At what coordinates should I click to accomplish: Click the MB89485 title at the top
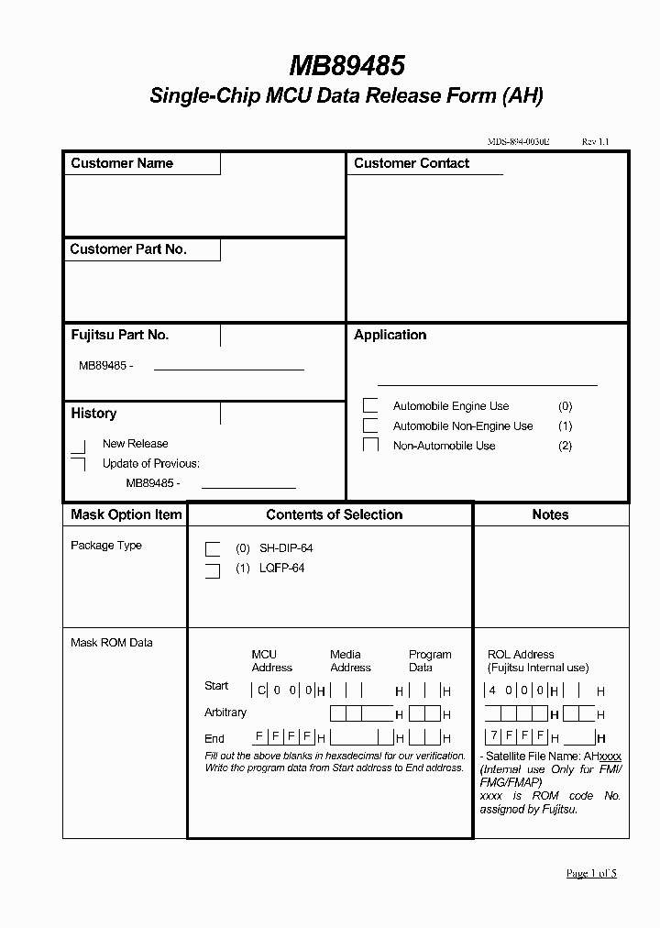point(347,66)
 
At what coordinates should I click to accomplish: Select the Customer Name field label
point(122,163)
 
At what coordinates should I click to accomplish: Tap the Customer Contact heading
point(412,163)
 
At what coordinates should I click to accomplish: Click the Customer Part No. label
point(128,249)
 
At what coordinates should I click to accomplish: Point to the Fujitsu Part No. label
point(120,335)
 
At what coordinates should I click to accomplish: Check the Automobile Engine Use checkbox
point(370,406)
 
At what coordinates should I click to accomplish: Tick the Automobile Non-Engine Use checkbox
point(370,425)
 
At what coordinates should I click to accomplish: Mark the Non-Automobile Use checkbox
point(370,446)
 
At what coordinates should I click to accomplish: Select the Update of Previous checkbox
point(79,464)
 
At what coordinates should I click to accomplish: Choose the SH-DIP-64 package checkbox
point(213,549)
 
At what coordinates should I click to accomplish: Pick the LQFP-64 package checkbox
point(213,570)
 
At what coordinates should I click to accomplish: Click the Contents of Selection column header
point(334,515)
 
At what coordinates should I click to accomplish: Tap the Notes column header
point(550,515)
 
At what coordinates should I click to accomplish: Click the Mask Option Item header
point(126,515)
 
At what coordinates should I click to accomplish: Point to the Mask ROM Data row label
point(112,643)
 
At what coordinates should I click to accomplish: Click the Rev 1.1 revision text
point(595,142)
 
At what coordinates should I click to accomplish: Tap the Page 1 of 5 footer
point(591,873)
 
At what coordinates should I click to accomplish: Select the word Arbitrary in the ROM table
point(225,713)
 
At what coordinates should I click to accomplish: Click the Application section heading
point(390,335)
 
